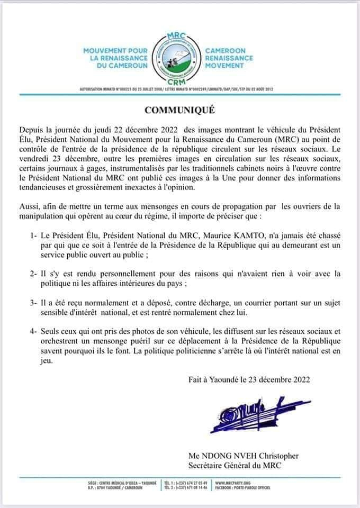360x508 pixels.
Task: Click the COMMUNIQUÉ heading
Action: tap(180, 112)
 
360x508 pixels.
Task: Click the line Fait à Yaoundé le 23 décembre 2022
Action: tap(249, 379)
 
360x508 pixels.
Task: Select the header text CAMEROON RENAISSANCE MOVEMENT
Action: tap(229, 58)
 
